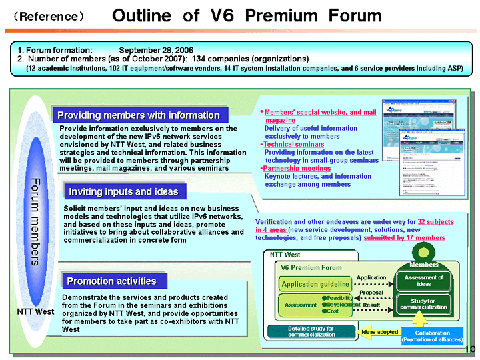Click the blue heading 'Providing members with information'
point(138,115)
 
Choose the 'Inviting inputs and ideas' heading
point(123,192)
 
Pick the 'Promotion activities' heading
point(111,281)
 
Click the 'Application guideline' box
point(316,285)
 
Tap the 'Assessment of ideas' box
point(424,281)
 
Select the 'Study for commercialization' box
point(424,305)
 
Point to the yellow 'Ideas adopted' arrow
point(379,331)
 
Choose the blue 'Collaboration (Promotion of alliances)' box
point(433,335)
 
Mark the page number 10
point(469,349)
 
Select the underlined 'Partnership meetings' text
point(297,168)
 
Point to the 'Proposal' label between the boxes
point(371,293)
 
